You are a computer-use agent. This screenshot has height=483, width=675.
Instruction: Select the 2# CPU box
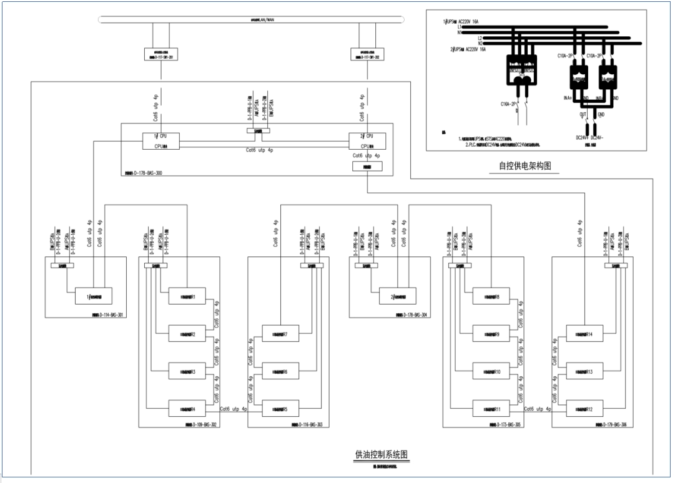tap(367, 141)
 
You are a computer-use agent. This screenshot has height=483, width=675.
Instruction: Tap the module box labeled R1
tap(187, 297)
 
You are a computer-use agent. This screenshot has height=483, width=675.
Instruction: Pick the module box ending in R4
tap(187, 409)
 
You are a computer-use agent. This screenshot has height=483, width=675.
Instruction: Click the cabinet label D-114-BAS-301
tap(107, 315)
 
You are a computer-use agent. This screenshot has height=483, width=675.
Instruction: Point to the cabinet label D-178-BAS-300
tap(143, 172)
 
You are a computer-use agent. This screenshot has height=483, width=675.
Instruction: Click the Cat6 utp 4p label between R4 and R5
tap(234, 409)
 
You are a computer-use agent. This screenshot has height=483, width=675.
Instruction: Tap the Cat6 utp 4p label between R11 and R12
tap(538, 409)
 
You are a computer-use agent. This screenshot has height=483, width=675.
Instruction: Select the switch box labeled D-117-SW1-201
tap(161, 56)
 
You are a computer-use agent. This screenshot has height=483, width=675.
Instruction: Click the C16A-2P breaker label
tap(509, 104)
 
